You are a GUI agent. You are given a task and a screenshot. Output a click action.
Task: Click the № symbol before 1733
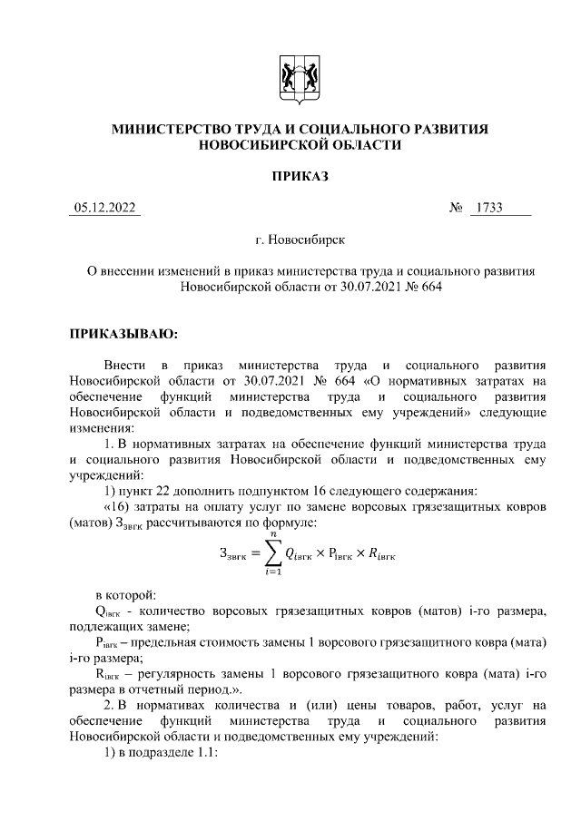coord(457,209)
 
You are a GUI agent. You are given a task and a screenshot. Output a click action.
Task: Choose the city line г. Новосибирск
coord(300,241)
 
